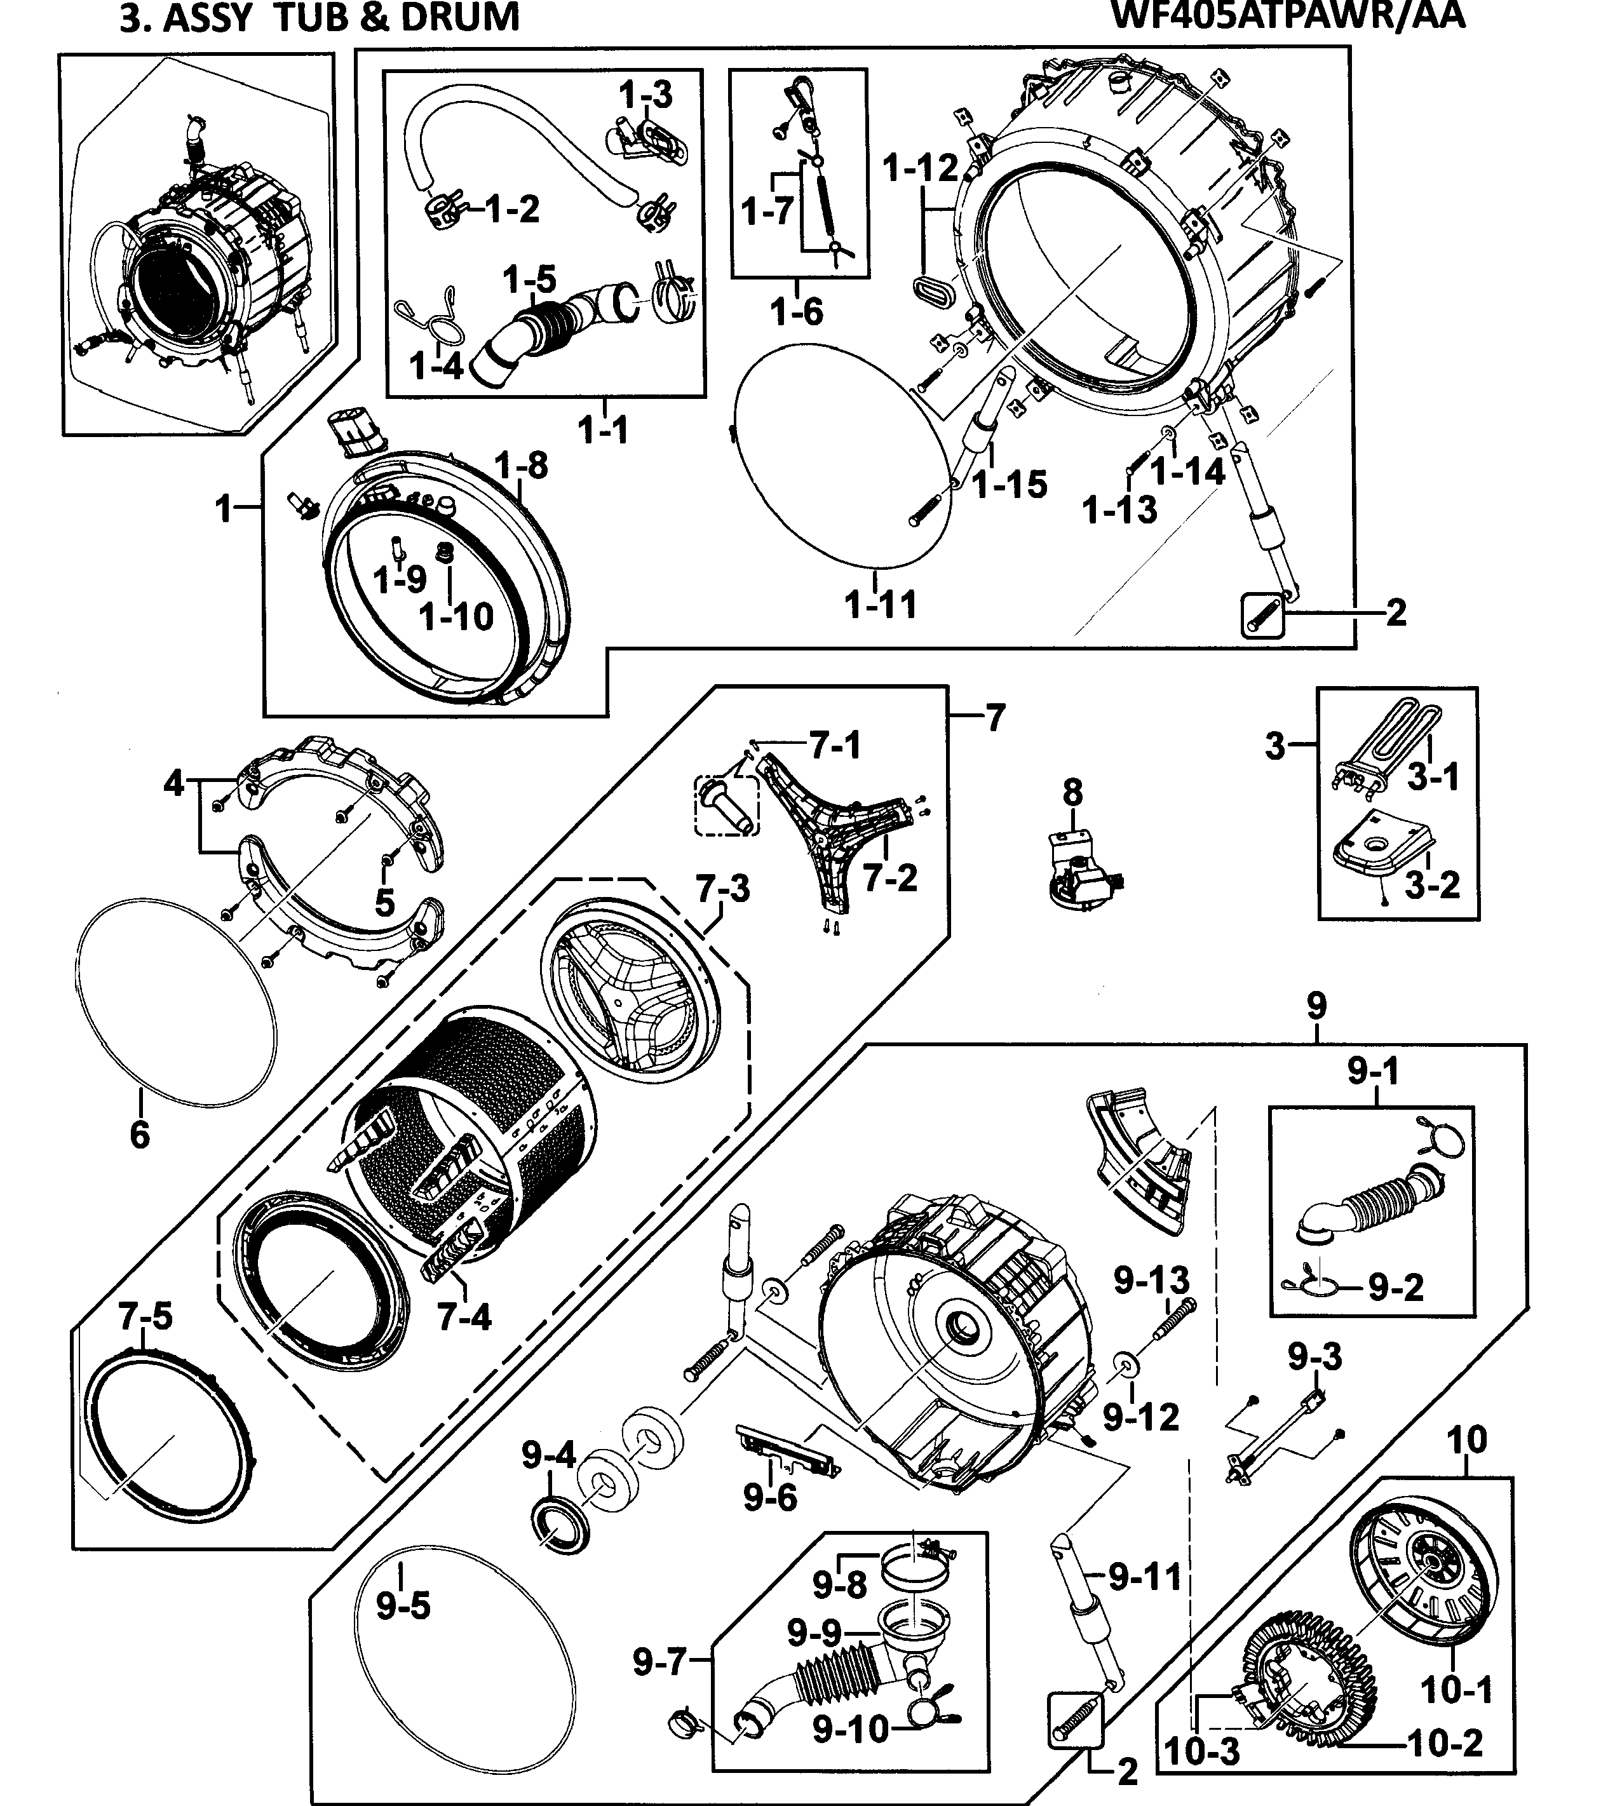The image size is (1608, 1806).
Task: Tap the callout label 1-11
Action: (881, 605)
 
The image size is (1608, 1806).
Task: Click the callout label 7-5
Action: (145, 1316)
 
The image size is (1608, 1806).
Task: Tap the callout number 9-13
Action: (1151, 1279)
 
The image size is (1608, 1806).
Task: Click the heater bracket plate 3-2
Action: (1380, 847)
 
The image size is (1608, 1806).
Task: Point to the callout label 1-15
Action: (1010, 484)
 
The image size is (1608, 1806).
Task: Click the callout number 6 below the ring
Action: (140, 1135)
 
